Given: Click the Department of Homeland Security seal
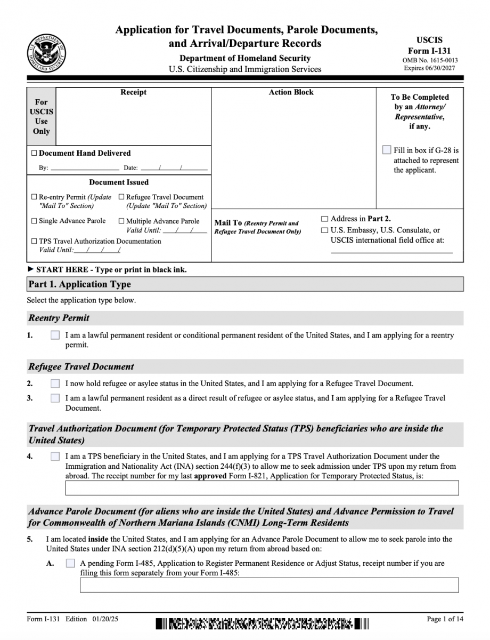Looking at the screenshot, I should pos(47,53).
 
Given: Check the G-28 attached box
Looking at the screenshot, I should pos(387,150).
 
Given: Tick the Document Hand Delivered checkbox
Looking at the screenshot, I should pos(34,153).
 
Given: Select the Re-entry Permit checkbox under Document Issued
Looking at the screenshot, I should pos(34,197).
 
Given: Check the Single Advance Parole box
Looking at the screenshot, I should pos(34,221).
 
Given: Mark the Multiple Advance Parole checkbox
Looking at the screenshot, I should pos(121,221).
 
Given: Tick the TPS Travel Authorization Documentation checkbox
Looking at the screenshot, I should pos(34,241).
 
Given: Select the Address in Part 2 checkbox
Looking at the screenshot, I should pos(324,219).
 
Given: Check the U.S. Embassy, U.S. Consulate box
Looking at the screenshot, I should pos(324,230).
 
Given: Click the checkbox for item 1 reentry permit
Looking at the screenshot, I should pos(55,335).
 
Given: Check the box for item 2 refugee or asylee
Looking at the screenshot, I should pos(55,383).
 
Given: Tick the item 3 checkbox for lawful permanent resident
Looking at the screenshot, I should pos(55,398).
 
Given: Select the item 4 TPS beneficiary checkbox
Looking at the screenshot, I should pos(55,457).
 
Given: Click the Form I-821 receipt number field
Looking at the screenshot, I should pos(262,488).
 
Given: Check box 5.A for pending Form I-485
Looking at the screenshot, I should pos(70,563).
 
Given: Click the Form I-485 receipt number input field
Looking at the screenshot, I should pos(269,585).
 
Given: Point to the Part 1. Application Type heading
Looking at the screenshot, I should pos(80,284).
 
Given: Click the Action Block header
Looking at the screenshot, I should pos(291,92).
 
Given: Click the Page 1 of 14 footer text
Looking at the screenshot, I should pos(445,619).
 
